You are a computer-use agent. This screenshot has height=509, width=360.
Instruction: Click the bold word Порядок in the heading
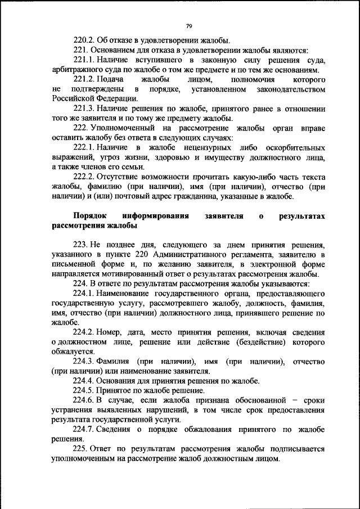92,216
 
